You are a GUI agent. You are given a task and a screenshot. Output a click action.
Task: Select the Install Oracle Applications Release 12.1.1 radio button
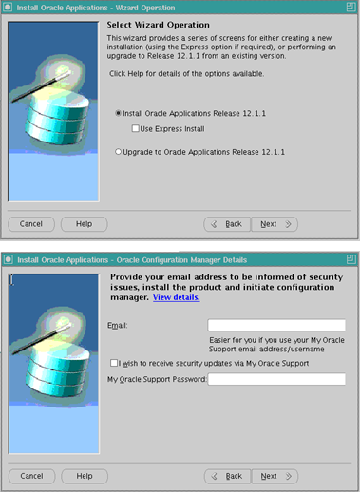click(x=118, y=113)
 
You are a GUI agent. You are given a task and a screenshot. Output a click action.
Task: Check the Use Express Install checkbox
click(x=135, y=128)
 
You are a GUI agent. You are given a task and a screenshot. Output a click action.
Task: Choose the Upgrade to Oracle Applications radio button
click(x=118, y=152)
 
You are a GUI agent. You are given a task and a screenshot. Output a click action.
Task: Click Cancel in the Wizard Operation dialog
click(x=31, y=224)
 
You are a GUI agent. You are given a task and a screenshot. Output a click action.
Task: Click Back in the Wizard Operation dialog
click(x=227, y=224)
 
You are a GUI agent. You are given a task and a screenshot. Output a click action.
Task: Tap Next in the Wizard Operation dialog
click(x=275, y=224)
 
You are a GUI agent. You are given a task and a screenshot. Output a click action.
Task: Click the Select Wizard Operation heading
click(x=158, y=25)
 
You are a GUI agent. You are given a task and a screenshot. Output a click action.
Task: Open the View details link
click(x=177, y=297)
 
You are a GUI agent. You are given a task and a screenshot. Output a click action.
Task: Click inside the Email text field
click(x=276, y=325)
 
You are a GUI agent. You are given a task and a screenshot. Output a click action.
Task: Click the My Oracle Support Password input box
click(x=276, y=379)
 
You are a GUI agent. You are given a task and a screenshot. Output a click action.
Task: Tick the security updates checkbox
click(x=114, y=363)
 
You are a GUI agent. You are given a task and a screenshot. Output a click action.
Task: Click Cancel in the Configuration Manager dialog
click(x=31, y=476)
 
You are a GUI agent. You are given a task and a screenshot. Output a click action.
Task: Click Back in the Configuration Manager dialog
click(x=228, y=476)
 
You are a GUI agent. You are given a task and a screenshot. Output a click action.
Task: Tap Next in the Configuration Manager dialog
click(x=275, y=476)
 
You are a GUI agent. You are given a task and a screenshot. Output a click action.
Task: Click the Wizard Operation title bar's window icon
click(x=8, y=8)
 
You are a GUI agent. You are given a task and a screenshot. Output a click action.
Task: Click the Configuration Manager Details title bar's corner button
click(x=351, y=259)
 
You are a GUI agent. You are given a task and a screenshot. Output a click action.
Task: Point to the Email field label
click(x=118, y=325)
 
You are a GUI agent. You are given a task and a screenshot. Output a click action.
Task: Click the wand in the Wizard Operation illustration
click(x=41, y=86)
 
